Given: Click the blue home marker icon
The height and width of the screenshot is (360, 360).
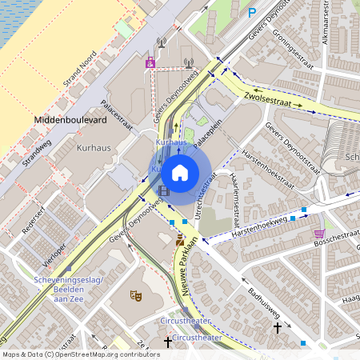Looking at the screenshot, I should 180,173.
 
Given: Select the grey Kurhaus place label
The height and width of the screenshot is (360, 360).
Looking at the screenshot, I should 93,149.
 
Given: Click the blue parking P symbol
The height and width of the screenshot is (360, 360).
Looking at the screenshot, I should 252,13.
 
